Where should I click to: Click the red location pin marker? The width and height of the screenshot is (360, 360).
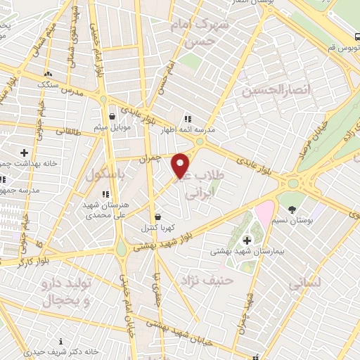(x=181, y=165)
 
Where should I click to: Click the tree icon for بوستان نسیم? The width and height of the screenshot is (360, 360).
(x=292, y=210)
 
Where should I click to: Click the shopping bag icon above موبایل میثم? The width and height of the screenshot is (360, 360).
(x=112, y=117)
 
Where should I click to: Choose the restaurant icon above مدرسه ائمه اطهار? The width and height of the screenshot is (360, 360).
(x=188, y=119)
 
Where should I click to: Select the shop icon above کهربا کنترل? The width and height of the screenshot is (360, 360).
(x=157, y=217)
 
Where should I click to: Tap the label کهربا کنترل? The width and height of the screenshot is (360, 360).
(x=158, y=227)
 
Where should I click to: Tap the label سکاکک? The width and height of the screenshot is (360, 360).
(x=48, y=83)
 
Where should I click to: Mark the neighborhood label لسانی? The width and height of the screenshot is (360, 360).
(x=304, y=283)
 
